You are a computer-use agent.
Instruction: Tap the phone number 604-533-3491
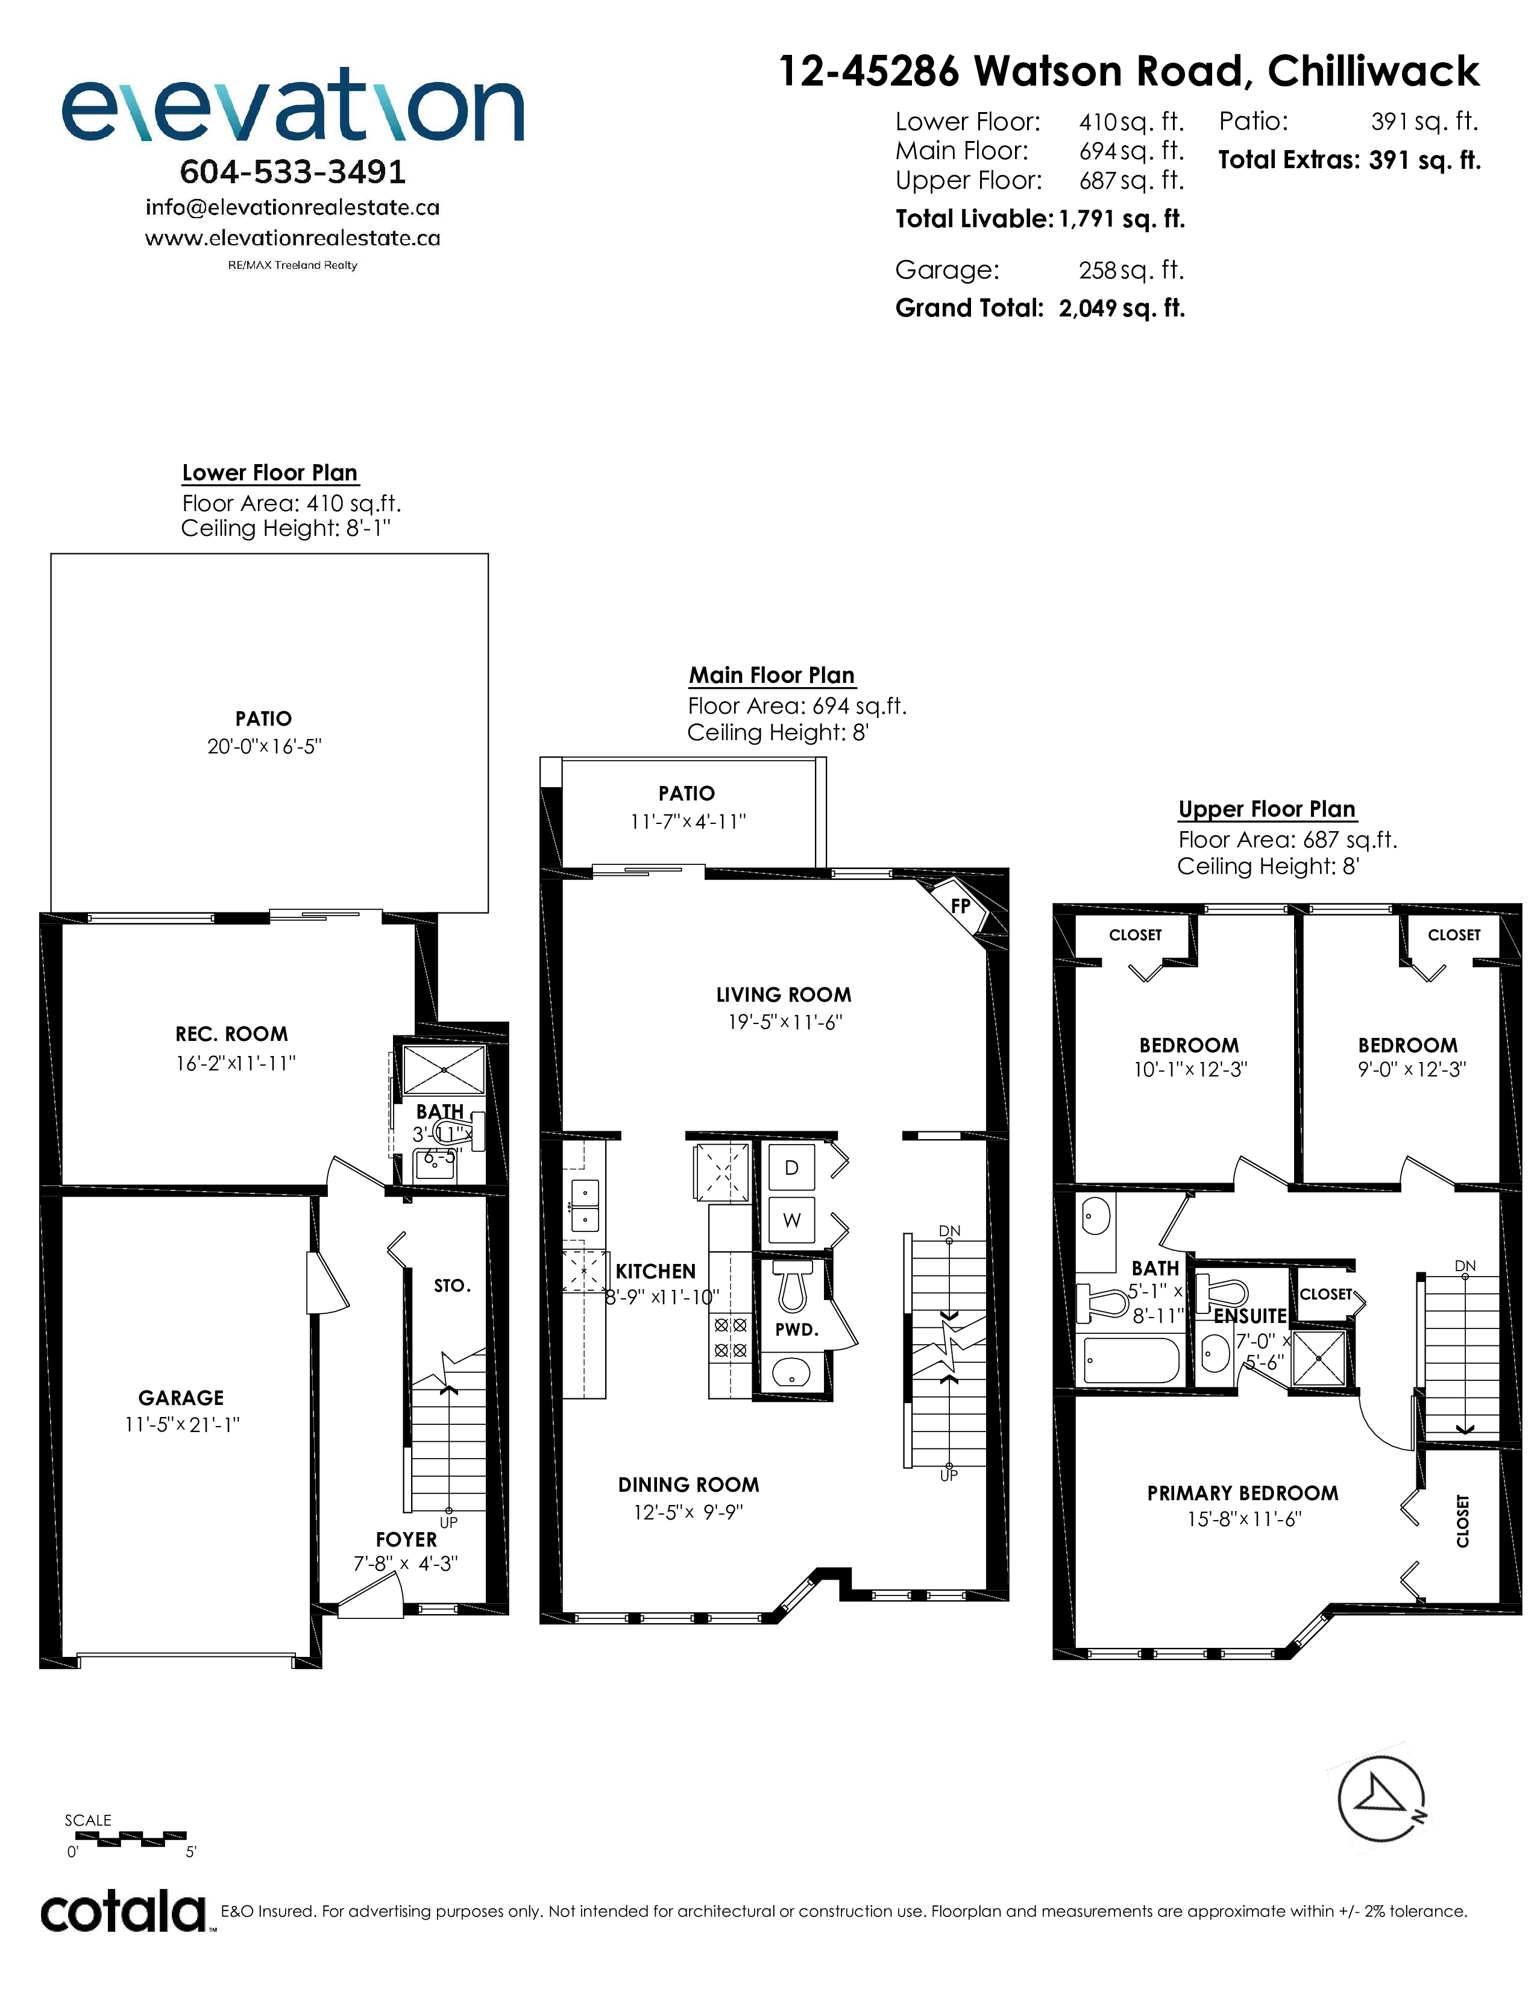point(293,171)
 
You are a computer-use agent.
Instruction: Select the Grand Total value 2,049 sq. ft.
point(1122,309)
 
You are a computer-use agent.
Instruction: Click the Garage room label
point(181,1398)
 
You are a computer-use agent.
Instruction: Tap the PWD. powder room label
point(797,1330)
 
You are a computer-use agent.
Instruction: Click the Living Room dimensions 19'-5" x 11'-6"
point(785,1022)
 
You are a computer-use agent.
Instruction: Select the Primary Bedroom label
point(1243,1494)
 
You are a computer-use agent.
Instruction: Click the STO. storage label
point(451,1286)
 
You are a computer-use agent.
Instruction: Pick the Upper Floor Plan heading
point(1266,809)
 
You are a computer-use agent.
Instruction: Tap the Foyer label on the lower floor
point(406,1539)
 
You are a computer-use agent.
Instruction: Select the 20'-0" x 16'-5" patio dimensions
point(264,747)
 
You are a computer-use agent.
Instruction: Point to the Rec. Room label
point(231,1034)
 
